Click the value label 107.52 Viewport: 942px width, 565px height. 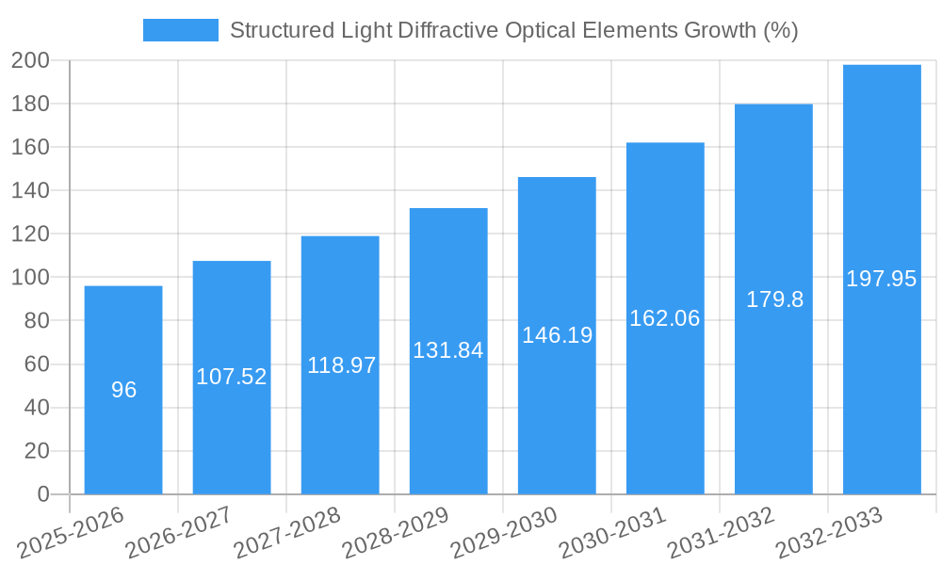click(232, 377)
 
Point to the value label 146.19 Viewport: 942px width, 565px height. click(557, 334)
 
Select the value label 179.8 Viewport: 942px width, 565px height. click(774, 299)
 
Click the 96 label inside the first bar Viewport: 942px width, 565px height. click(123, 390)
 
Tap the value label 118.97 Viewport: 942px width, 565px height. click(341, 365)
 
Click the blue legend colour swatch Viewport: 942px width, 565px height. click(180, 30)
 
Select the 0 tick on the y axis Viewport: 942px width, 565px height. click(42, 494)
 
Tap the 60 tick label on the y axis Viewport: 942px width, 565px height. click(36, 364)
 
